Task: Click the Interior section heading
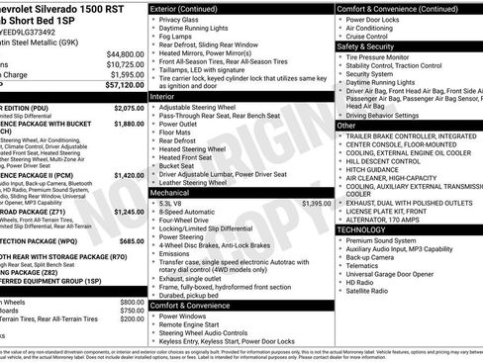tap(163, 96)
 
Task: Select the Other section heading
tap(346, 126)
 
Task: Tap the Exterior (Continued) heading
tap(189, 8)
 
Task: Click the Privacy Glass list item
tap(181, 20)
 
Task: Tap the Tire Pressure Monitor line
tap(389, 57)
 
